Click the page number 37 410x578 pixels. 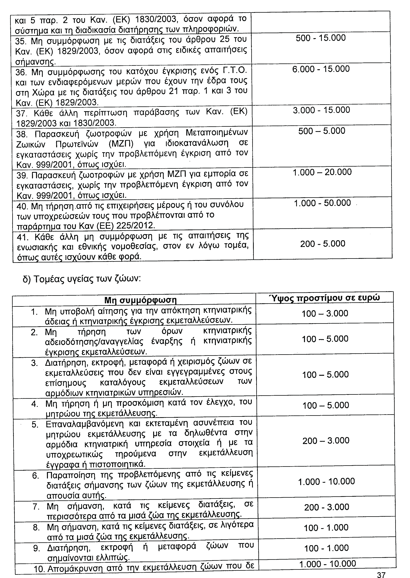381,573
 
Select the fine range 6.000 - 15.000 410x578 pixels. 321,69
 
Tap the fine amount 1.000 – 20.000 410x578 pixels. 322,172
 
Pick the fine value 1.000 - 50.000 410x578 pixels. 322,203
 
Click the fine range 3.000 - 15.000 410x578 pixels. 321,110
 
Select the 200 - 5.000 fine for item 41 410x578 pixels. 323,244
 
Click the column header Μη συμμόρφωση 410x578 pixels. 140,300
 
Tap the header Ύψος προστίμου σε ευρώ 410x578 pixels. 325,298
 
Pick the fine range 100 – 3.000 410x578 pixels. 325,313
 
